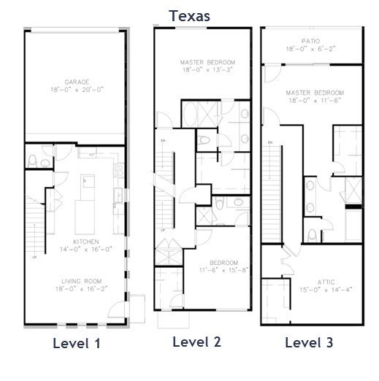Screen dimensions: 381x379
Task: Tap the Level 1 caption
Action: (76, 343)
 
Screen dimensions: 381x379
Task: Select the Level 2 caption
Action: (196, 342)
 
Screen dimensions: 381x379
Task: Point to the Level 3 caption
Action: (309, 342)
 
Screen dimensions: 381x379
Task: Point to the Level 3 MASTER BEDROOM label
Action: (315, 93)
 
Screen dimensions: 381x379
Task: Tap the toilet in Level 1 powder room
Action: (32, 159)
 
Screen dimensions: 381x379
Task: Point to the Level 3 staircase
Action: (277, 190)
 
